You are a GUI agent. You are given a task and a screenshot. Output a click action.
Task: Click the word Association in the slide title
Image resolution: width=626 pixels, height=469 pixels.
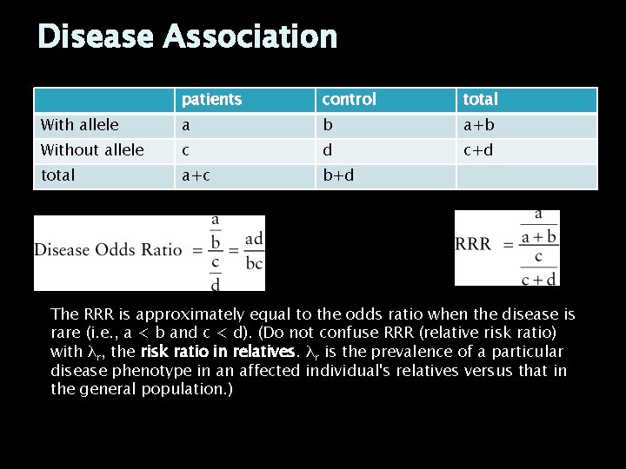tap(250, 36)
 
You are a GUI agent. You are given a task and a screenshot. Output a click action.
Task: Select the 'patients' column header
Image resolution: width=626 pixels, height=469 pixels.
tap(211, 100)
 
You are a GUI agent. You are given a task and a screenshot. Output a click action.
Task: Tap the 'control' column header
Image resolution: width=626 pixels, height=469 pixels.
tap(349, 100)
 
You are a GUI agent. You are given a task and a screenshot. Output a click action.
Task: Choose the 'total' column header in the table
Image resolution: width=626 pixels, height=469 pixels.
tap(480, 100)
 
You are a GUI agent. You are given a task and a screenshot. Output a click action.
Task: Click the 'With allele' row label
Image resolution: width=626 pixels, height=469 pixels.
tap(80, 125)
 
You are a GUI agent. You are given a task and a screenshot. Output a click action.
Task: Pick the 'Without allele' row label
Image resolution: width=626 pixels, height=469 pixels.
tap(92, 150)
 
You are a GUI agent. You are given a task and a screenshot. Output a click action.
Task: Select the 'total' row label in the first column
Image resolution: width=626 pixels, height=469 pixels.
tap(58, 175)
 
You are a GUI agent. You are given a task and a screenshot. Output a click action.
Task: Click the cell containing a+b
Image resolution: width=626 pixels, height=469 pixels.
tap(478, 125)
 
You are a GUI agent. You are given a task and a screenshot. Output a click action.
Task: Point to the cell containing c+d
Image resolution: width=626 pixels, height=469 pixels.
tap(478, 150)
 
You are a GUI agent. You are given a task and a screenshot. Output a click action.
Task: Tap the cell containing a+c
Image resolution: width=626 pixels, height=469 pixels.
tap(196, 175)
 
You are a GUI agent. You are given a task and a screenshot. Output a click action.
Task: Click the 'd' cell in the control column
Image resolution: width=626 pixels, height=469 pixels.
tap(328, 150)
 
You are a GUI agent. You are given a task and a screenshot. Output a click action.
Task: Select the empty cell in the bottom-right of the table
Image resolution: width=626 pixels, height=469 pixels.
tap(526, 175)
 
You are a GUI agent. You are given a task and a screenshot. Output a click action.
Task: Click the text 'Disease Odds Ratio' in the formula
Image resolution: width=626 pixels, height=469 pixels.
tap(108, 250)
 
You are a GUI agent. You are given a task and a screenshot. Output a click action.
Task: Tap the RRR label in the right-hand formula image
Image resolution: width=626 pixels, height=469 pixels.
tap(473, 244)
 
